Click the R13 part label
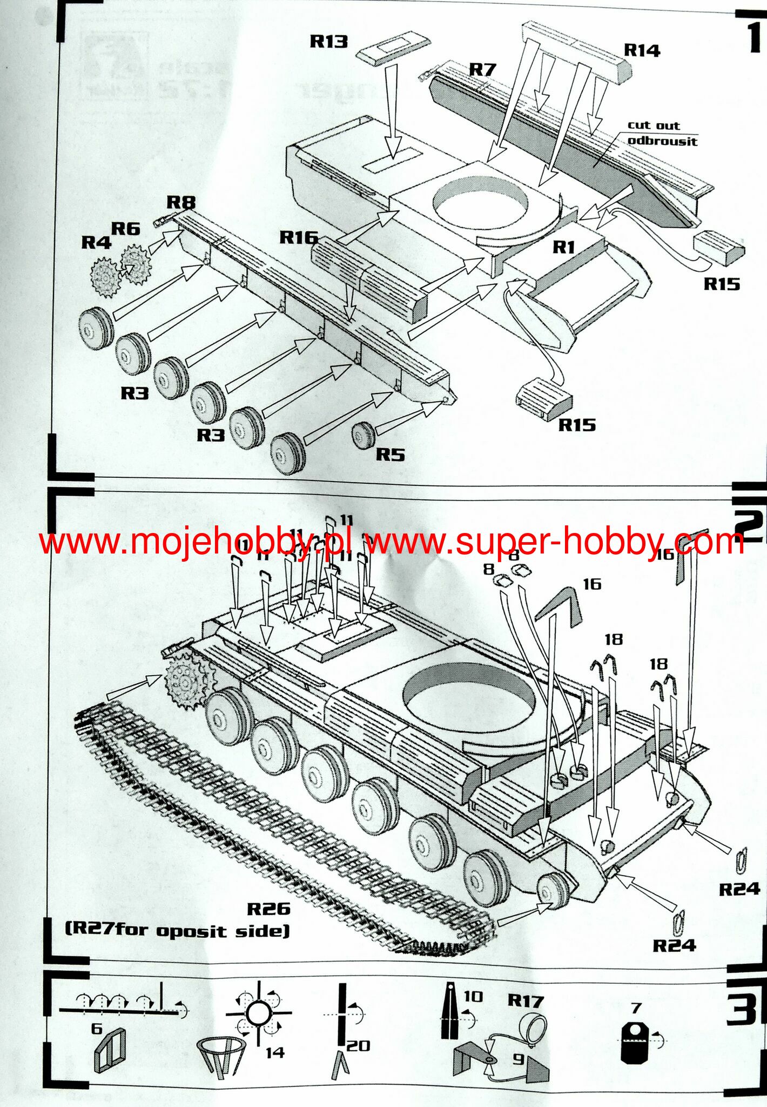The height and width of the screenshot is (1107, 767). (328, 42)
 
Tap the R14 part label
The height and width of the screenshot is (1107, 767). (642, 50)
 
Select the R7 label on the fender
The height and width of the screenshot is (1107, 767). (482, 70)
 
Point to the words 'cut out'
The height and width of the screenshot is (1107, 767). (654, 125)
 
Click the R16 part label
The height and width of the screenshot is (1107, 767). (299, 237)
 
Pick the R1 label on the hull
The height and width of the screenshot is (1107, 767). (563, 247)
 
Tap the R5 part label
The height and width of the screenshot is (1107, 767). (390, 455)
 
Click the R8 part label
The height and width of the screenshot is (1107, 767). (180, 202)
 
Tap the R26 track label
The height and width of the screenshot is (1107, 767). (268, 909)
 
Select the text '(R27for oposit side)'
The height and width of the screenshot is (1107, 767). (177, 931)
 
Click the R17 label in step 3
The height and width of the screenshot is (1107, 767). (525, 1001)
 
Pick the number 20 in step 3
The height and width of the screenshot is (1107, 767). (358, 1046)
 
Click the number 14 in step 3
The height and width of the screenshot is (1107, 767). (274, 1052)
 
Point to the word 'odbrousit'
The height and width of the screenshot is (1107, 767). (662, 141)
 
